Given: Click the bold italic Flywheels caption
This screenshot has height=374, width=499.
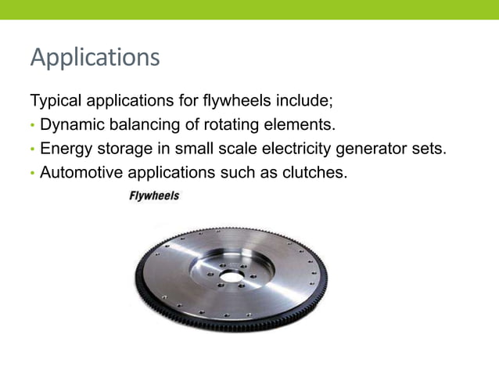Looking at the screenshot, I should point(153,196).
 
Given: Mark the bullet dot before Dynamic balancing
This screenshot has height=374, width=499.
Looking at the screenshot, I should point(32,125).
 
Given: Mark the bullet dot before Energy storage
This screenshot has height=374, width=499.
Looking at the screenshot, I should point(32,149).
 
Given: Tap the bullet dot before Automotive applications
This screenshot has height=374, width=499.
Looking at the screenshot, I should point(32,172).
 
